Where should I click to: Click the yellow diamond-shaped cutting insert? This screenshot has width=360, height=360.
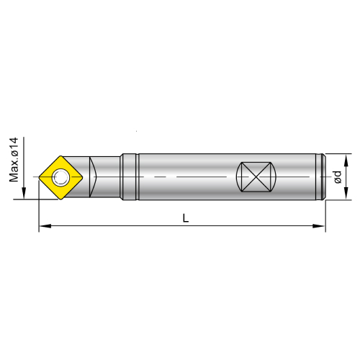coord(60,177)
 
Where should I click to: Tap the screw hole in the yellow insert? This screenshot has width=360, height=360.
coord(60,177)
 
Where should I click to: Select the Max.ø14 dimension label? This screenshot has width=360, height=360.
coord(14,160)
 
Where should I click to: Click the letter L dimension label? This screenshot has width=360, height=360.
coord(186,218)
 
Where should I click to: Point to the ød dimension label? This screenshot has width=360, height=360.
coord(338,177)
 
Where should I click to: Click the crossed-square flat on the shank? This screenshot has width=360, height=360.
coord(256,177)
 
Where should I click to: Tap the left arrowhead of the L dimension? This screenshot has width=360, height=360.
coord(45,226)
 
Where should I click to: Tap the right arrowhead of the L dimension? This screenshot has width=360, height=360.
coord(319,226)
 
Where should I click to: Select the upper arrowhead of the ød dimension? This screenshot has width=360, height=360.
coord(346,161)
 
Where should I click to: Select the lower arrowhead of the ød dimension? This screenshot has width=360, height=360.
coord(346,193)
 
